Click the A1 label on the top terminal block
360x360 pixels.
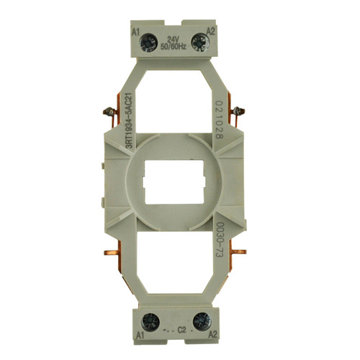(136, 32)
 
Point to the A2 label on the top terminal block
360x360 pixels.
(212, 32)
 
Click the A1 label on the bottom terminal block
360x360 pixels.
(137, 335)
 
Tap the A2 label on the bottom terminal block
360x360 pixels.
(211, 335)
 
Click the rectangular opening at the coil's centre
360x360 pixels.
(174, 182)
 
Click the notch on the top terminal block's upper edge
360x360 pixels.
(174, 21)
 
